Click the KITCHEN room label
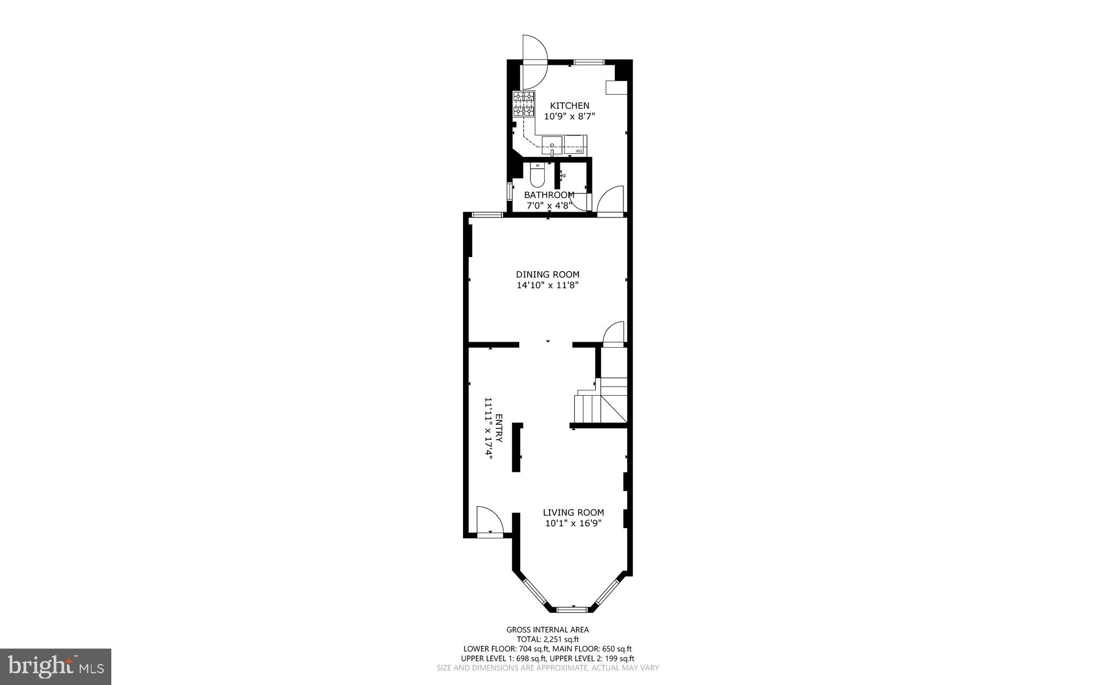(569, 106)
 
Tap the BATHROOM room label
(549, 195)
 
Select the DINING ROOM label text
(547, 275)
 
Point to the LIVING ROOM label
(574, 513)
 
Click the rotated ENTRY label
(499, 428)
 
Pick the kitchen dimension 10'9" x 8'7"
(569, 116)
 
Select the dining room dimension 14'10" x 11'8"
(547, 285)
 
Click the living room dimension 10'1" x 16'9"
(574, 523)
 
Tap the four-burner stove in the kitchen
(524, 104)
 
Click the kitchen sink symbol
(552, 145)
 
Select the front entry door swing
(490, 520)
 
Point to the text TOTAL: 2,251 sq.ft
(547, 639)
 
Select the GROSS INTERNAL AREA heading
(547, 630)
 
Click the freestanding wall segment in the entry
(516, 447)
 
